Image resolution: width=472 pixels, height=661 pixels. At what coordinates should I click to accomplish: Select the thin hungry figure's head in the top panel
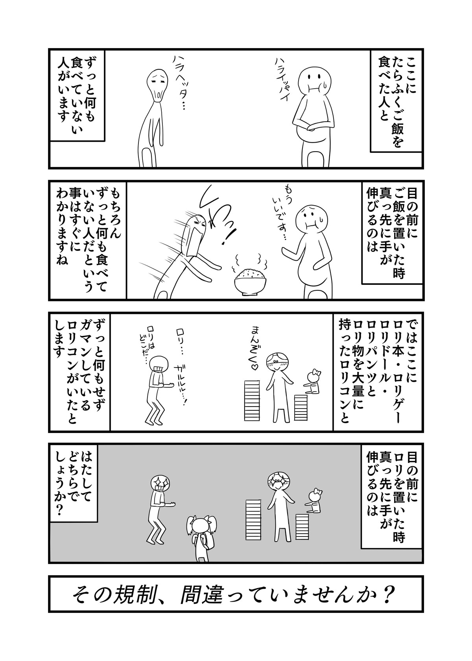coord(157,85)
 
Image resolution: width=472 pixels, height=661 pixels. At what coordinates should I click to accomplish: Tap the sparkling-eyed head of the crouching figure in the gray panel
coord(159,486)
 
